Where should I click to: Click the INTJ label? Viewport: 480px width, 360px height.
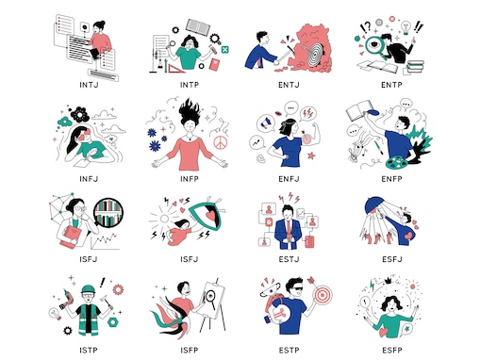pyautogui.click(x=90, y=83)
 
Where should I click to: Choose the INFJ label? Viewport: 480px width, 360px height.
pyautogui.click(x=90, y=175)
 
